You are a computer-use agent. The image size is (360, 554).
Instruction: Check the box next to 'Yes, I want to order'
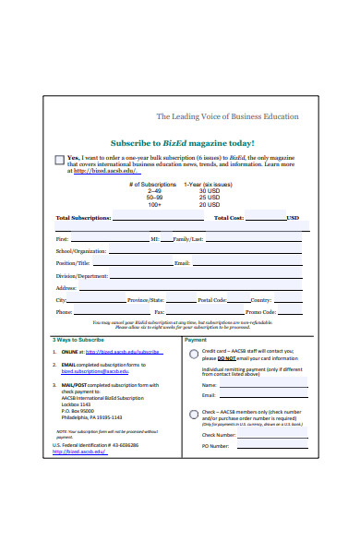click(x=60, y=160)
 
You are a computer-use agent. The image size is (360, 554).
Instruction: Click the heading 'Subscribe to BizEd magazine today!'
click(x=182, y=143)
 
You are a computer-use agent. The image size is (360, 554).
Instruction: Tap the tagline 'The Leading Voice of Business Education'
click(x=227, y=116)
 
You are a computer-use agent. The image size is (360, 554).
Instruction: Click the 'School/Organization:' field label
click(x=81, y=250)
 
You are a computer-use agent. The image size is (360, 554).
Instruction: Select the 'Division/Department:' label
click(x=82, y=275)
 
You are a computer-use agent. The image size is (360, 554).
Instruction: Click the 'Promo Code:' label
click(x=247, y=312)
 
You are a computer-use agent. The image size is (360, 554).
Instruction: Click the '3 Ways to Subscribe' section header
click(x=78, y=340)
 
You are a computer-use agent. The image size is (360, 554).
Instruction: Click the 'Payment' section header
click(x=197, y=340)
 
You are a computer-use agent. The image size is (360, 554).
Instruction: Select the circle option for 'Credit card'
click(x=191, y=353)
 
